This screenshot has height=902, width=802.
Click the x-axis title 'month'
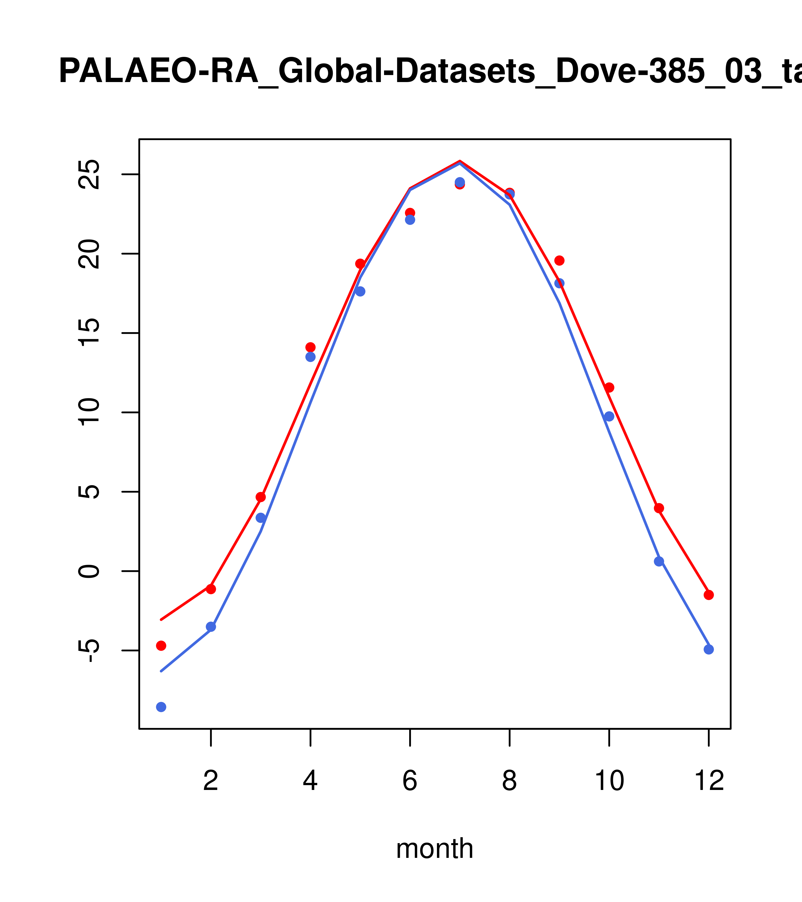coord(434,848)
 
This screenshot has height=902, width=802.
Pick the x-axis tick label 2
coord(211,781)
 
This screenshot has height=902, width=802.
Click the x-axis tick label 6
coord(410,781)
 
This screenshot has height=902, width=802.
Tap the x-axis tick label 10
coord(609,781)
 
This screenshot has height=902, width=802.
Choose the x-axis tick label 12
coord(709,781)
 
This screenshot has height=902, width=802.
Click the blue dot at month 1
coord(161,707)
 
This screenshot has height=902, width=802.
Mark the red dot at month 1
coord(161,646)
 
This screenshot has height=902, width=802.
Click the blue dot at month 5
coord(360,291)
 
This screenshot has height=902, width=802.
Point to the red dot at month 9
coord(559,260)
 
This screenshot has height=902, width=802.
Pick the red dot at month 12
coord(709,595)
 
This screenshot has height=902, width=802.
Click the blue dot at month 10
coord(609,416)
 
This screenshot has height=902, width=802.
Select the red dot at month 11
coord(659,508)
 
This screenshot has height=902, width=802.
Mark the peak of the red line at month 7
coord(460,161)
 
